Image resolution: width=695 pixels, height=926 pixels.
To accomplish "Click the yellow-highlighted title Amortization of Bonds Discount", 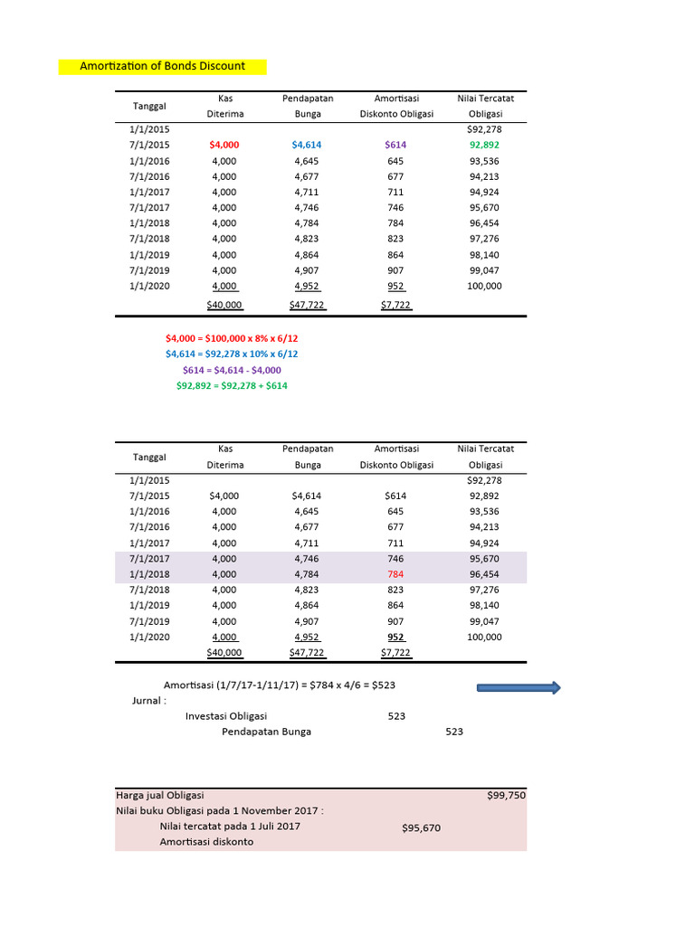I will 162,66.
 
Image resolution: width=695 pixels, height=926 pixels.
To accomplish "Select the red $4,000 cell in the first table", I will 224,145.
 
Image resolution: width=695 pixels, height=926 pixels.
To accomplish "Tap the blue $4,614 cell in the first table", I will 307,145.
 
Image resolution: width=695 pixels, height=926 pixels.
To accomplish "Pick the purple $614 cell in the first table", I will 395,145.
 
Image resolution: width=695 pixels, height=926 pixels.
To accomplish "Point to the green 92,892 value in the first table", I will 484,145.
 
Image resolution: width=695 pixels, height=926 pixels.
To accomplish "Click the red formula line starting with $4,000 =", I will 232,338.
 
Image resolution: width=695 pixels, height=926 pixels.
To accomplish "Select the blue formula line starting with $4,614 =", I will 232,354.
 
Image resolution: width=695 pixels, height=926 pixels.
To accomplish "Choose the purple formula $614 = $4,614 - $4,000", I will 232,370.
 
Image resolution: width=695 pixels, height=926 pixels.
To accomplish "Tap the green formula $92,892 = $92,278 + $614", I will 232,385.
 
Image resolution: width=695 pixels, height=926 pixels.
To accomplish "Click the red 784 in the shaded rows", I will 395,574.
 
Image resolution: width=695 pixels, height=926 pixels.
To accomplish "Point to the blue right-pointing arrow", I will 519,688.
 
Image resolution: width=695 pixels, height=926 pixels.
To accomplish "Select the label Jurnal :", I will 149,700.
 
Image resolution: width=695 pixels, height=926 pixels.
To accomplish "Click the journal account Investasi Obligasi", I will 226,715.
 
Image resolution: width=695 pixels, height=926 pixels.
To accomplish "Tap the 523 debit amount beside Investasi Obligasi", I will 395,715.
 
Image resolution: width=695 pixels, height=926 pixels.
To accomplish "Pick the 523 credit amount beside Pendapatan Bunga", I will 453,732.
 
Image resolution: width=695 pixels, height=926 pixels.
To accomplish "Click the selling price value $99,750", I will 506,796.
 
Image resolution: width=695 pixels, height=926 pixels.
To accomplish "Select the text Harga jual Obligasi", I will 160,796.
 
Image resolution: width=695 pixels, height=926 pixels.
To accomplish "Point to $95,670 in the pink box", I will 421,827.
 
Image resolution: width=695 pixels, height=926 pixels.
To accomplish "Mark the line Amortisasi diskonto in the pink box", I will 206,842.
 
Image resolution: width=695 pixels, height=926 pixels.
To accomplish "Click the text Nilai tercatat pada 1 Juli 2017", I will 230,826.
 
